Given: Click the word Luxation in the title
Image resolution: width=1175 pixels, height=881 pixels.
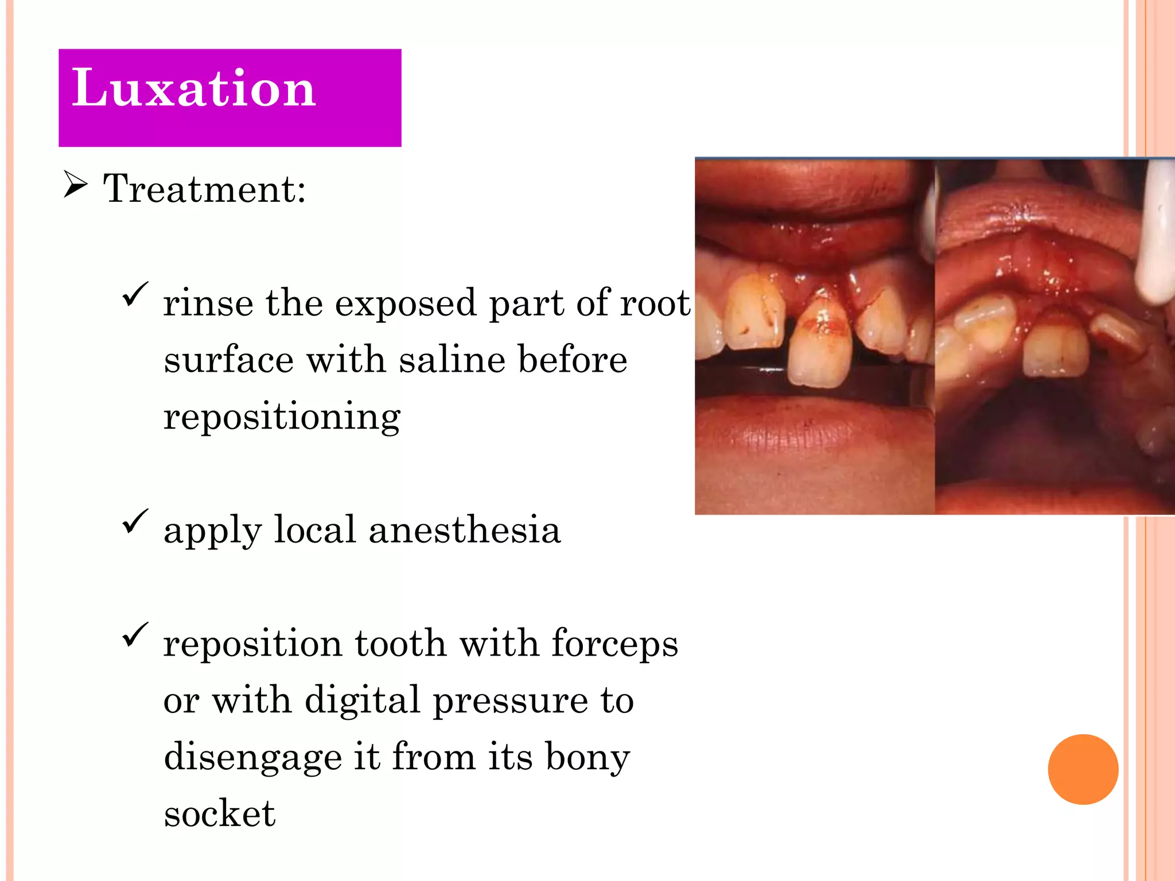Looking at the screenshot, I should (x=193, y=88).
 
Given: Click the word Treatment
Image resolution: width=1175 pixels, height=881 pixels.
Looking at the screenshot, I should (x=204, y=189).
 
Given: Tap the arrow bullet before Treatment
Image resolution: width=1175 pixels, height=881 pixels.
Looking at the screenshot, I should (x=75, y=185).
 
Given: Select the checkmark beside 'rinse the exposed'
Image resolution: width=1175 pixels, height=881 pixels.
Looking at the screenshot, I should (x=135, y=295).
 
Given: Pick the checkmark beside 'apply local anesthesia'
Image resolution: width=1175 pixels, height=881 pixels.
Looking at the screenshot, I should (x=135, y=522).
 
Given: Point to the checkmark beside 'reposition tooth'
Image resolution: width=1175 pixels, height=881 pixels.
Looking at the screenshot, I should (x=135, y=636).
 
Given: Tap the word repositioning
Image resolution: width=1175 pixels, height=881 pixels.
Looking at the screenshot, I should (x=282, y=418).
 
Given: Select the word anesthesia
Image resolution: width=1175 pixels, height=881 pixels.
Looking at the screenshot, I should (x=465, y=529).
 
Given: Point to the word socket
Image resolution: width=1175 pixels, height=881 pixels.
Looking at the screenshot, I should (x=219, y=813).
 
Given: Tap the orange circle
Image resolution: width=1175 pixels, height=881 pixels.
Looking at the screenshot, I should (x=1083, y=769).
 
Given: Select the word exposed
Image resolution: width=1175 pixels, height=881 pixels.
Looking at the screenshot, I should (x=405, y=304).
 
